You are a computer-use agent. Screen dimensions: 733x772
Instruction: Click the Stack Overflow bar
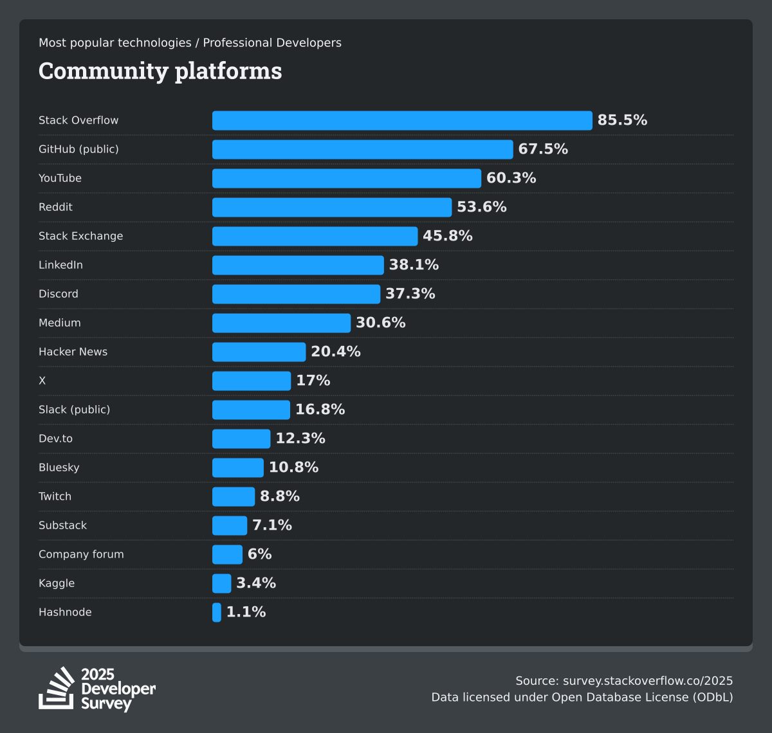pyautogui.click(x=402, y=120)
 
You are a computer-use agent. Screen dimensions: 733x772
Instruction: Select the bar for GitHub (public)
pyautogui.click(x=362, y=149)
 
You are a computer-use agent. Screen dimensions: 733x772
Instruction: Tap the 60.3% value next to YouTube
pyautogui.click(x=511, y=178)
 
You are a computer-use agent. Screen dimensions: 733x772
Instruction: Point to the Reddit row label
pyautogui.click(x=55, y=207)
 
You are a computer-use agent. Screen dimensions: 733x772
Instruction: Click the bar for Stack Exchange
pyautogui.click(x=315, y=236)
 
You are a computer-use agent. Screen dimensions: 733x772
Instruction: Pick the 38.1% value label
pyautogui.click(x=414, y=265)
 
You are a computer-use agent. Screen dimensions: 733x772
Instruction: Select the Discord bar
pyautogui.click(x=296, y=294)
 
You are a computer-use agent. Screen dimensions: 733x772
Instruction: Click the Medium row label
pyautogui.click(x=60, y=323)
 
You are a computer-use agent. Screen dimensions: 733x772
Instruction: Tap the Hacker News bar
pyautogui.click(x=259, y=352)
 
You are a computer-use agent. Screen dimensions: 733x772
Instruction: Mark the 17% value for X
pyautogui.click(x=313, y=381)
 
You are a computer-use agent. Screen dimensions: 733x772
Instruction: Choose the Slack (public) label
pyautogui.click(x=74, y=410)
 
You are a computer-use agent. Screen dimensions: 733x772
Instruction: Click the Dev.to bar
pyautogui.click(x=241, y=439)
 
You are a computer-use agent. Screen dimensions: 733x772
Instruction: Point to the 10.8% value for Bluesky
pyautogui.click(x=293, y=467)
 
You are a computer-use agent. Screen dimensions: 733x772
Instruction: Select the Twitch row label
pyautogui.click(x=55, y=496)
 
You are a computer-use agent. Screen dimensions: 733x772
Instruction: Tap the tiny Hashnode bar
pyautogui.click(x=217, y=612)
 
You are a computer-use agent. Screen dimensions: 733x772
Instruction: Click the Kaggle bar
pyautogui.click(x=221, y=583)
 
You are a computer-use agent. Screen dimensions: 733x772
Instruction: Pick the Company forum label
pyautogui.click(x=81, y=554)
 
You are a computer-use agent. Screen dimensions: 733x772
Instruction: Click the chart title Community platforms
pyautogui.click(x=160, y=71)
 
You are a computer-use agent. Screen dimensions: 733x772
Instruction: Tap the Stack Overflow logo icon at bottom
pyautogui.click(x=57, y=688)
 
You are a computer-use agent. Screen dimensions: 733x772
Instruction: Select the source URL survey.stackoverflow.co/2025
pyautogui.click(x=648, y=681)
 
